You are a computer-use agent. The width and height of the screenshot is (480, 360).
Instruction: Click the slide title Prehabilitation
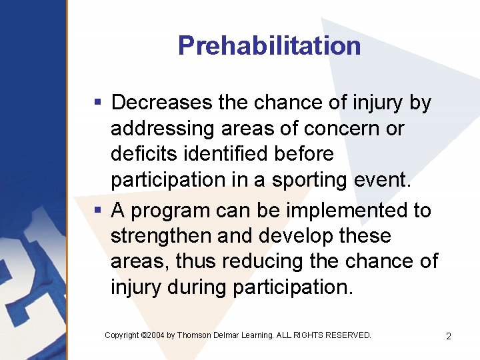click(x=269, y=46)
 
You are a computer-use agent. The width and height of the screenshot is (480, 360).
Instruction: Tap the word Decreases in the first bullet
click(x=161, y=103)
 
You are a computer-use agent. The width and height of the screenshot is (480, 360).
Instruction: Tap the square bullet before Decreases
click(x=97, y=103)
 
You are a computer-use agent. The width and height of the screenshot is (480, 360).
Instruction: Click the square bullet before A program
click(x=97, y=211)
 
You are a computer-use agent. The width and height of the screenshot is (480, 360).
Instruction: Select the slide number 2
click(x=449, y=336)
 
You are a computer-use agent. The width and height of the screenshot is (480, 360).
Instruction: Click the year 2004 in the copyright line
click(x=154, y=335)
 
